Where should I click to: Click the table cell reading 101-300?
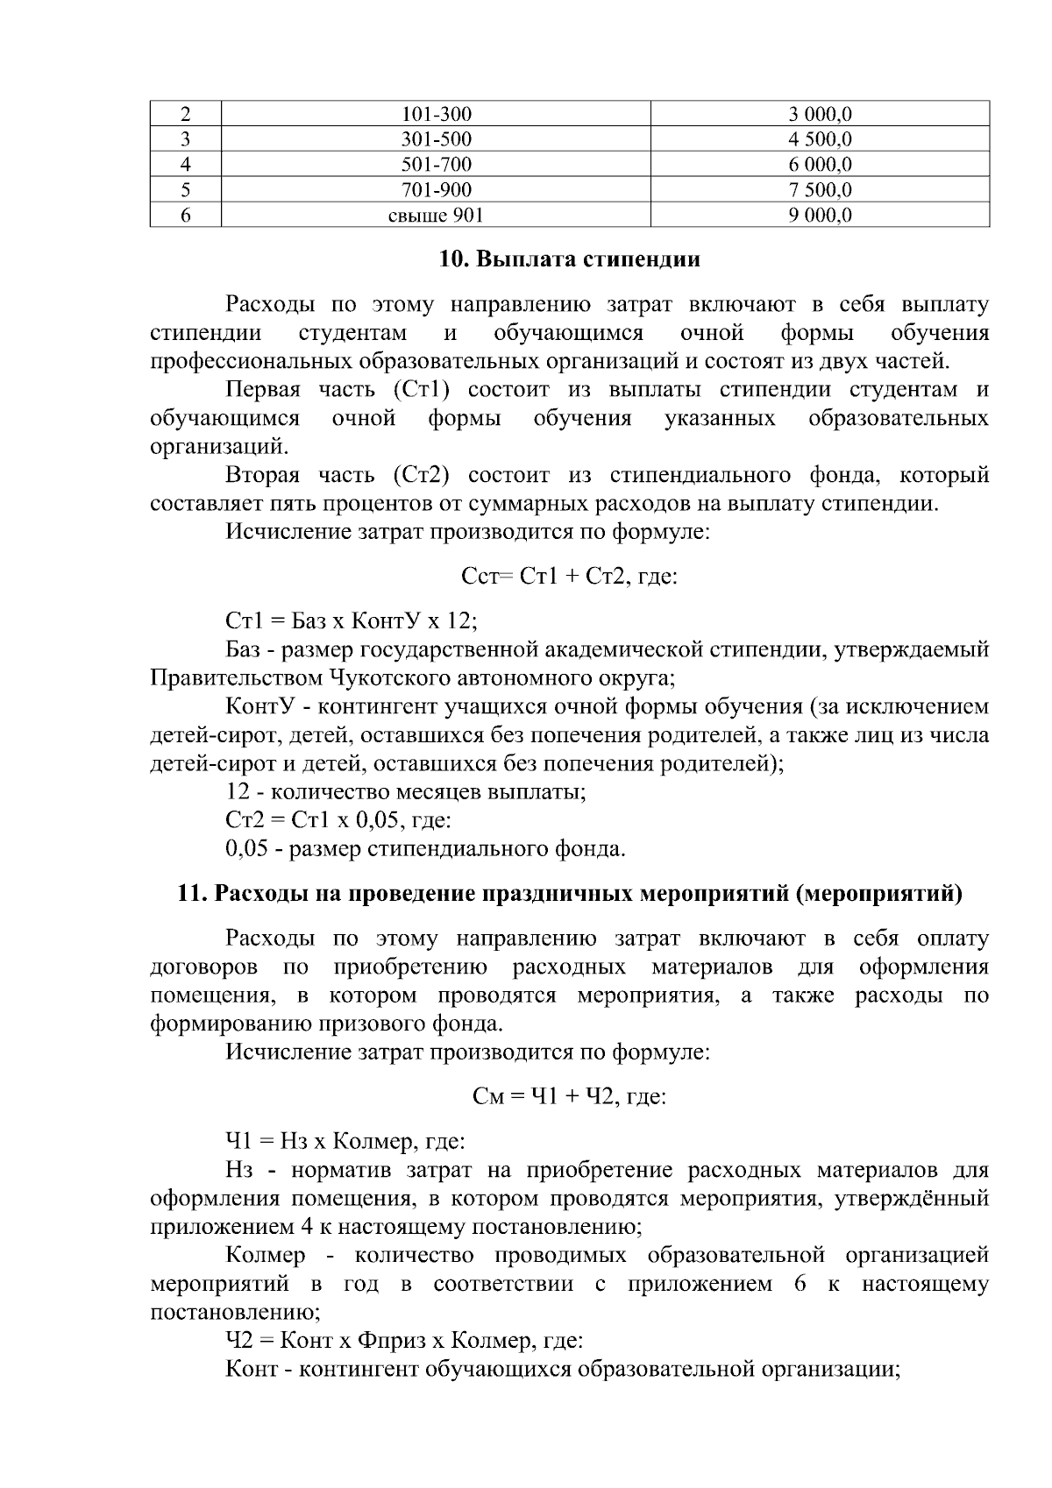click(436, 114)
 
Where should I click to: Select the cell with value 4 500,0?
click(820, 139)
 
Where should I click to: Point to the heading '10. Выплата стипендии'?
click(569, 260)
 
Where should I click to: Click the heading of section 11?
click(569, 894)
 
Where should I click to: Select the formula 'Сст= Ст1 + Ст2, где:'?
click(569, 577)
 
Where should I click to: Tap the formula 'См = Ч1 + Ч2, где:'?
click(569, 1096)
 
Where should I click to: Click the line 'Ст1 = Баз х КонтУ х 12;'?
click(352, 621)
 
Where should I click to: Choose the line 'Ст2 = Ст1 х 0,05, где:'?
click(338, 821)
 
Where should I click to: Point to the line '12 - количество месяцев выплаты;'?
click(406, 793)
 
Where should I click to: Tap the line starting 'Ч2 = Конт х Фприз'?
click(404, 1341)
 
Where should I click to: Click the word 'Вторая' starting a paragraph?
click(262, 476)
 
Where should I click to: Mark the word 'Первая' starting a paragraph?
click(263, 390)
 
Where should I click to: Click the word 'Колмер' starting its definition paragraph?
click(265, 1256)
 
